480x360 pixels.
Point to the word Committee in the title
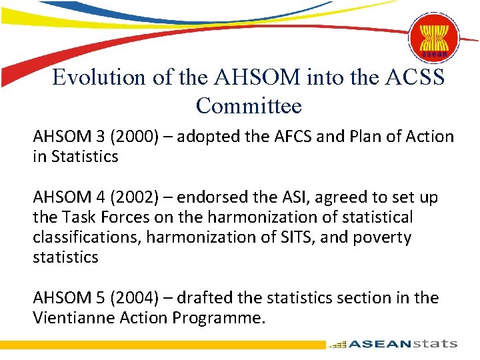point(249,106)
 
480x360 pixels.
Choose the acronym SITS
point(291,237)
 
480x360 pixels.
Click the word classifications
point(77,237)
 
